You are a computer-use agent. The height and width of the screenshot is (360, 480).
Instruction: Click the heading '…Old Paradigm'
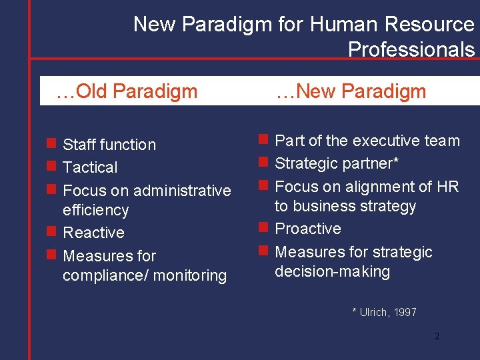pos(127,91)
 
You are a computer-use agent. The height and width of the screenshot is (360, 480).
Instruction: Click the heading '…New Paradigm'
pos(351,91)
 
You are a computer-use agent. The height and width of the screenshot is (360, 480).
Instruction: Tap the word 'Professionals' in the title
pos(411,49)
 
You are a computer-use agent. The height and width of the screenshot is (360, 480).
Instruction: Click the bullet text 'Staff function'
pos(109,145)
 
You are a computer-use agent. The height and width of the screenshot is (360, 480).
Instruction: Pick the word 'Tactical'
pos(90,167)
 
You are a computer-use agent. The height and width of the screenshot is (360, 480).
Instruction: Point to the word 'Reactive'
pos(93,233)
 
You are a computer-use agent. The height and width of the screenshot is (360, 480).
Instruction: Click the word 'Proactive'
pos(308,229)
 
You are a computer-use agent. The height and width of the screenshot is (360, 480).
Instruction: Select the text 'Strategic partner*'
pos(337,163)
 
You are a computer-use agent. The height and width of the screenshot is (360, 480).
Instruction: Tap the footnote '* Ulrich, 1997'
pos(384,311)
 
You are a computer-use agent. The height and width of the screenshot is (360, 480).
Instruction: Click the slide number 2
pos(437,336)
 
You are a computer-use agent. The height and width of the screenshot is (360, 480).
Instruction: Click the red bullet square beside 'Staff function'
pos(51,144)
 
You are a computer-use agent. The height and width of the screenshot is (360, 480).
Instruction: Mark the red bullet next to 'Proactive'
pos(263,229)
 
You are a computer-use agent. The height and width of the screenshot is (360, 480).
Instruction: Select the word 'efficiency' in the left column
pos(95,210)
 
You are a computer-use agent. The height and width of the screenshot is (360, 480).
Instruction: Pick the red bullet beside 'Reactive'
pos(51,232)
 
